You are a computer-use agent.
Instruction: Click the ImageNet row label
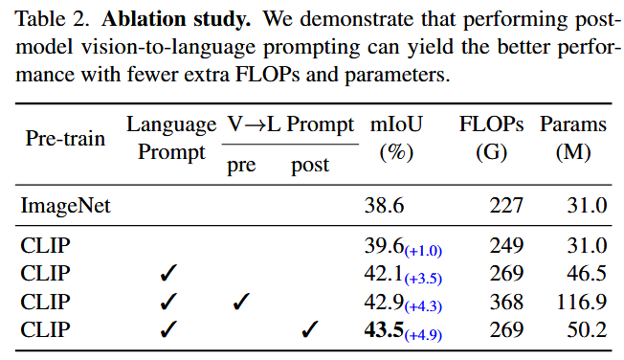pyautogui.click(x=66, y=206)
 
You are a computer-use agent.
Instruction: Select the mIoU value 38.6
pyautogui.click(x=384, y=206)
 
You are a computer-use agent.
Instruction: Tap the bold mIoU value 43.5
pyautogui.click(x=384, y=329)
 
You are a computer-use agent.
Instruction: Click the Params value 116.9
pyautogui.click(x=582, y=302)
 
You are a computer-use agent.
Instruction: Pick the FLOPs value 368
pyautogui.click(x=506, y=302)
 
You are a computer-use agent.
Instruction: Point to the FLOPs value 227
pyautogui.click(x=506, y=206)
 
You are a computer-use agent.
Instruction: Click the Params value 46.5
pyautogui.click(x=587, y=274)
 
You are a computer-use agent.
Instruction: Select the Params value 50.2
pyautogui.click(x=587, y=329)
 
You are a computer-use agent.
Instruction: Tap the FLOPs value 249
pyautogui.click(x=506, y=246)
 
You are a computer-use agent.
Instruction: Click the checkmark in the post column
pyautogui.click(x=310, y=329)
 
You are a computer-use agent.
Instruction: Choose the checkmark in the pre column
pyautogui.click(x=241, y=301)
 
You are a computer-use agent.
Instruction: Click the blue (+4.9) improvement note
pyautogui.click(x=423, y=335)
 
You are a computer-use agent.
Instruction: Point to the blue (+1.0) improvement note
pyautogui.click(x=423, y=251)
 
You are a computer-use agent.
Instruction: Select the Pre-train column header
pyautogui.click(x=65, y=139)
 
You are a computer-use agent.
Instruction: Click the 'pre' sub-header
pyautogui.click(x=241, y=166)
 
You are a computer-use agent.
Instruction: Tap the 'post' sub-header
pyautogui.click(x=310, y=165)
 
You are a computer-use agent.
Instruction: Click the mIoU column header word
pyautogui.click(x=396, y=124)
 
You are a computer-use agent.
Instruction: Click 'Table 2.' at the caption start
pyautogui.click(x=52, y=19)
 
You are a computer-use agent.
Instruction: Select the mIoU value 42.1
pyautogui.click(x=384, y=274)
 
